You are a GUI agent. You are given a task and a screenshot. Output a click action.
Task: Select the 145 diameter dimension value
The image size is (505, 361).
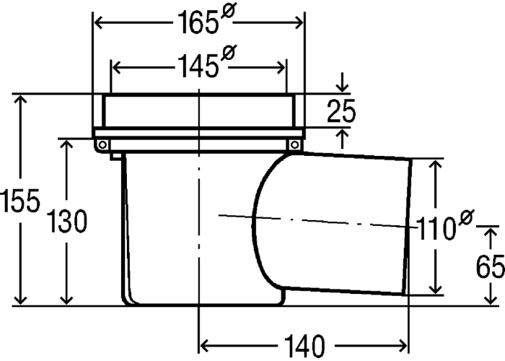197,66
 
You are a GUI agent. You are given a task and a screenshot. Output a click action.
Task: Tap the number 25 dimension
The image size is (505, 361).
341,111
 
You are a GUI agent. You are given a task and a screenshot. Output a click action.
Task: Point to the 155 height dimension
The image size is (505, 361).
20,201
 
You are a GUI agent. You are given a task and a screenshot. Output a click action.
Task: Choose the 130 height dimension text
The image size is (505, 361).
66,221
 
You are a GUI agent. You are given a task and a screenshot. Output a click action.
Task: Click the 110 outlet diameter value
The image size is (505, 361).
436,228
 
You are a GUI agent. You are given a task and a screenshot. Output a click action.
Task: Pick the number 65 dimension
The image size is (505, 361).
490,266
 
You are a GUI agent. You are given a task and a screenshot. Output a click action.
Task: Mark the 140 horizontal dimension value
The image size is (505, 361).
304,347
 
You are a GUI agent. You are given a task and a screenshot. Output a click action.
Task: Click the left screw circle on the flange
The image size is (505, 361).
102,145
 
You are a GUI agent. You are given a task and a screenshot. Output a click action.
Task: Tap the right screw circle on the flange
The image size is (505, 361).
294,145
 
